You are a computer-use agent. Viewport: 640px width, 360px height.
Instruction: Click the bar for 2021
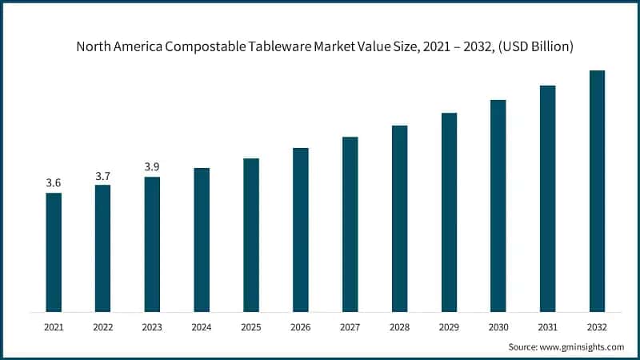[54, 252]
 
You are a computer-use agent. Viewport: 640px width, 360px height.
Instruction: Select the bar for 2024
[202, 240]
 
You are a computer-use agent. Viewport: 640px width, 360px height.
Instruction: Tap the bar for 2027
[350, 224]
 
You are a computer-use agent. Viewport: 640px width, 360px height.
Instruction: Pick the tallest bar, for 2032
[597, 191]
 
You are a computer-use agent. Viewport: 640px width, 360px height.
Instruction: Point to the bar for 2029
[449, 212]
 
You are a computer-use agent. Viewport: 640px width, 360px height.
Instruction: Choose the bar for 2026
[301, 230]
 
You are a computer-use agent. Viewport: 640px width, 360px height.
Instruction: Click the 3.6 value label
[54, 183]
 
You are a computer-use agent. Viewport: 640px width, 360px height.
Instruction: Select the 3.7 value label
[103, 175]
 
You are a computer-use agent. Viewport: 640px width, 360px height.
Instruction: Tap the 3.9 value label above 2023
[152, 166]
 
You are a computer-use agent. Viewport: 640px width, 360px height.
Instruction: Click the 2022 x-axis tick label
[103, 327]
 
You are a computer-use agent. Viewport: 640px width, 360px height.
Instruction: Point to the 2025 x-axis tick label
[251, 327]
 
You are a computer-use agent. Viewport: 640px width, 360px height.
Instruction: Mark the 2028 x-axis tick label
[399, 327]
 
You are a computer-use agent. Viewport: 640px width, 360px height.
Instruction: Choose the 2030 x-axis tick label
[498, 327]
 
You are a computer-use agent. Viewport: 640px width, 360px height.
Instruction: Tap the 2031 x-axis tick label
[547, 327]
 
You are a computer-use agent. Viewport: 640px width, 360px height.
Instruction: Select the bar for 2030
[498, 206]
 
